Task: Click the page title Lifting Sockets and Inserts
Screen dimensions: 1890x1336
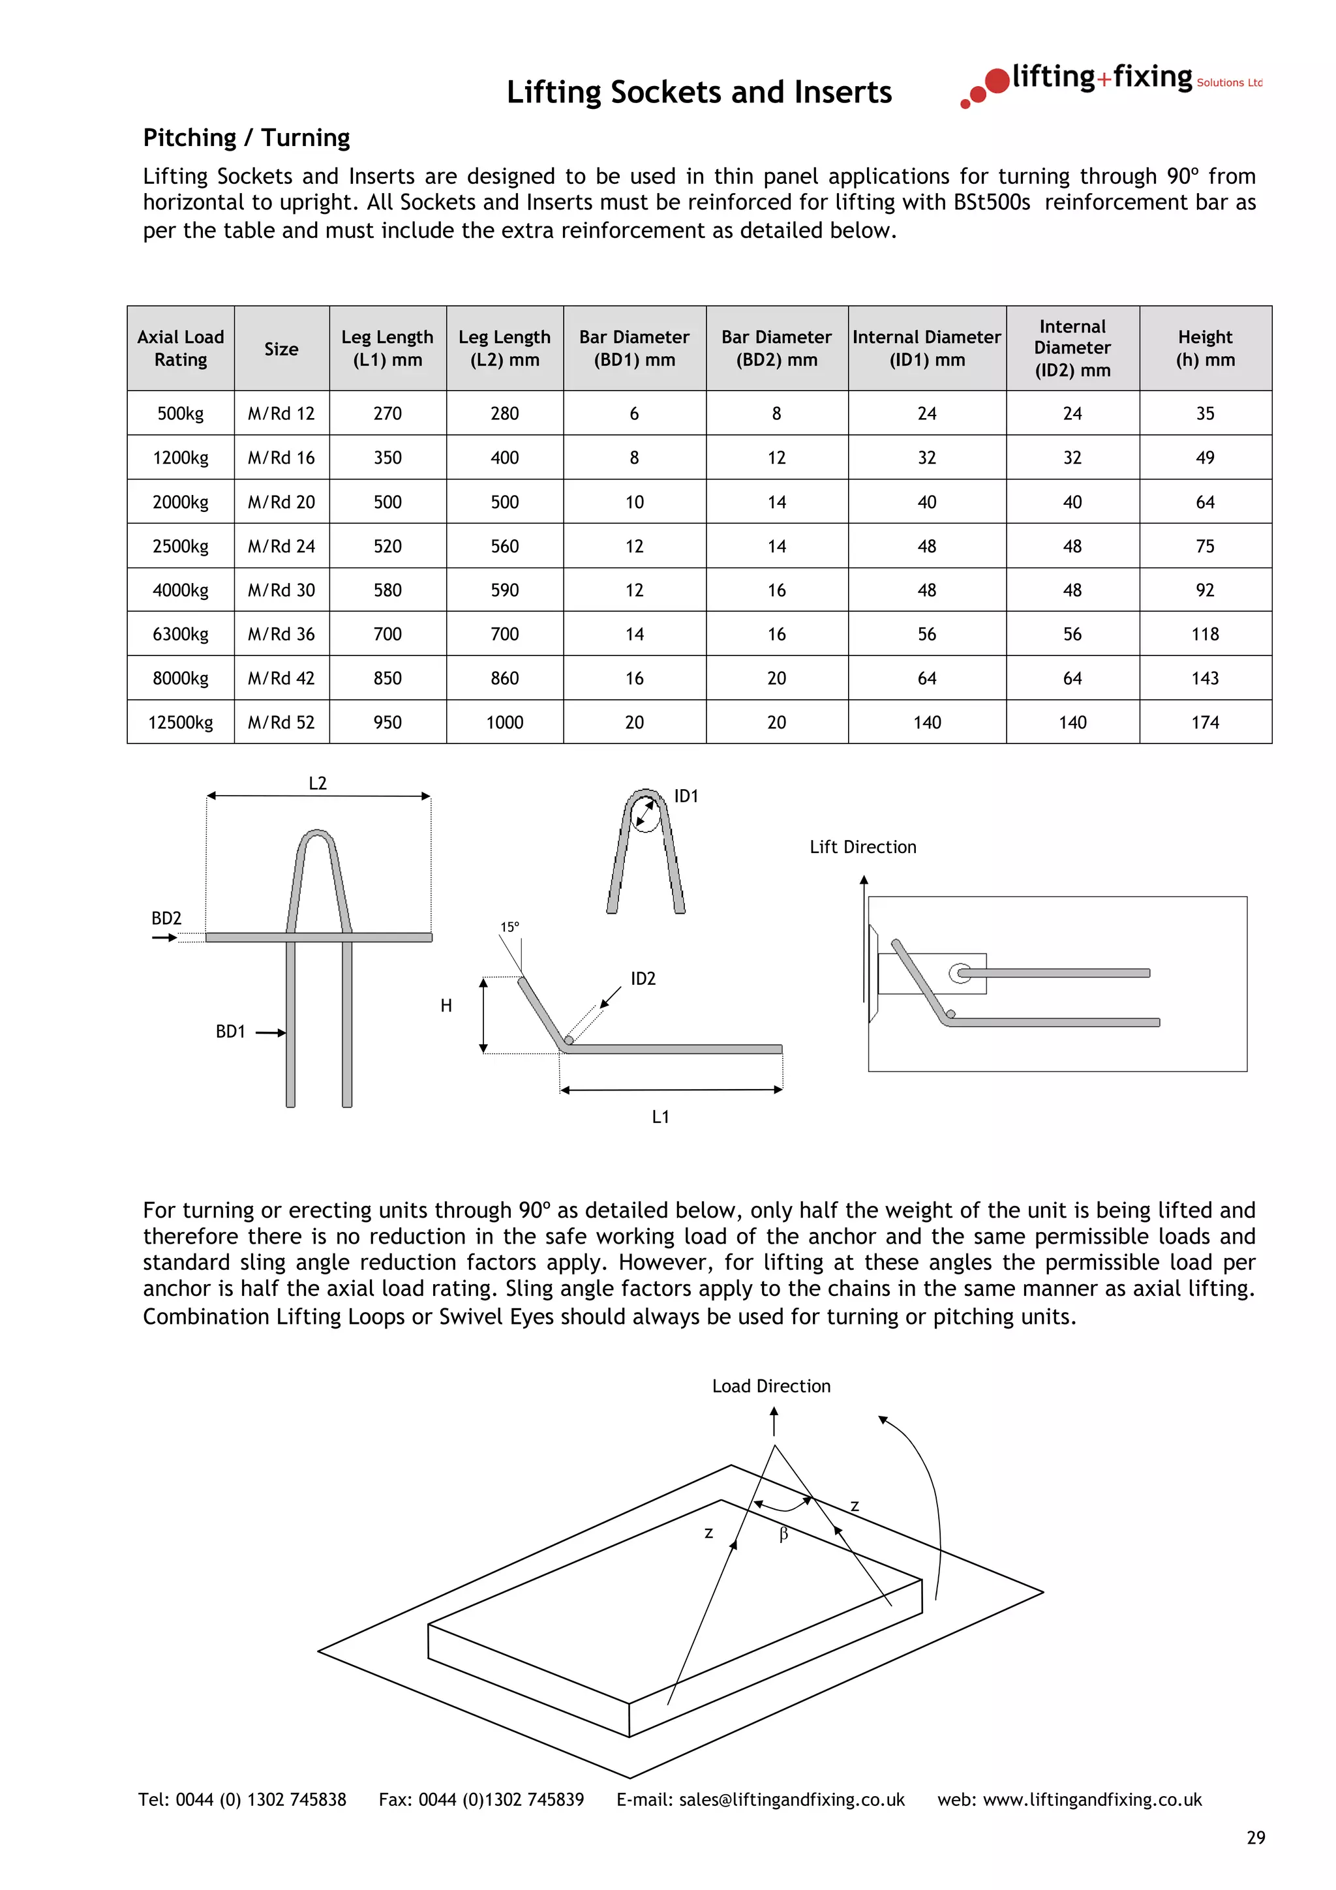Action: point(698,92)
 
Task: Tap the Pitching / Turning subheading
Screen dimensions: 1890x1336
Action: point(246,138)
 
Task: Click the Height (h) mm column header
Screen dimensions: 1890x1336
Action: point(1204,348)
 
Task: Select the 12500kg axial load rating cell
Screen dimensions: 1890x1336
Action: point(180,722)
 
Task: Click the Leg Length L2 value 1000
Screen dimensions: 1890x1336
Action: point(505,722)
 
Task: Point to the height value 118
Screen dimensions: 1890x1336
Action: point(1204,634)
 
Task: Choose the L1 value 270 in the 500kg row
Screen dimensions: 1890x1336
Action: point(387,413)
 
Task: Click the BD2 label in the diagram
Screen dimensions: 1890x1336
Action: point(166,918)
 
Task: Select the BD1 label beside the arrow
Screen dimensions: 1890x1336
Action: point(230,1032)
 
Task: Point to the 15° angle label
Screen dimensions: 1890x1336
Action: point(509,927)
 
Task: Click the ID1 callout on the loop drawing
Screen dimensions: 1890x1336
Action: point(686,796)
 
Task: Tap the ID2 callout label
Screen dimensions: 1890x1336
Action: point(643,979)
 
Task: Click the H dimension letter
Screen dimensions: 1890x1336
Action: point(446,1005)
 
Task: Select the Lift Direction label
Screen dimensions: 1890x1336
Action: point(862,847)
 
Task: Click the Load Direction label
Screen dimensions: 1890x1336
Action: point(770,1387)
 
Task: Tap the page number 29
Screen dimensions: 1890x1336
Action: point(1255,1838)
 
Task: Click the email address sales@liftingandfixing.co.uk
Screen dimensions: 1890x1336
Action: point(791,1799)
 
